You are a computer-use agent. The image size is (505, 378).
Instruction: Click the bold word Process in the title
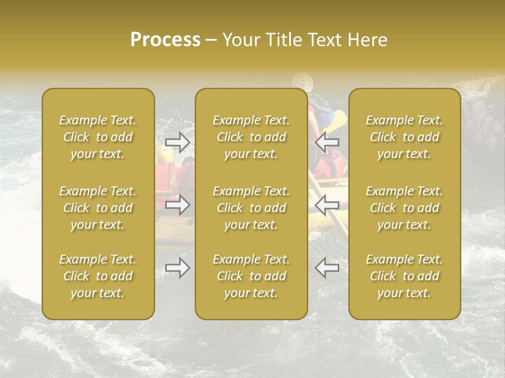click(165, 40)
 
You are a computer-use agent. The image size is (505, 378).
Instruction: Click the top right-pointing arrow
click(177, 142)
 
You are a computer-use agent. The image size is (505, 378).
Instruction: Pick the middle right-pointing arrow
click(177, 205)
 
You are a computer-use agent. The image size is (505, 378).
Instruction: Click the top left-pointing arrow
click(327, 142)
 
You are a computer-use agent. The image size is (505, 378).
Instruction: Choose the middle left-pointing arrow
click(327, 205)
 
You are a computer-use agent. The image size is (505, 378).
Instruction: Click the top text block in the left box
click(98, 137)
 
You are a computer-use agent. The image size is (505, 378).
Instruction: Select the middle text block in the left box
click(98, 208)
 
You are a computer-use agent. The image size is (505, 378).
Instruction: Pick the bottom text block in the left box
click(98, 276)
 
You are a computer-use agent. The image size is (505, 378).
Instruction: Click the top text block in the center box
click(251, 137)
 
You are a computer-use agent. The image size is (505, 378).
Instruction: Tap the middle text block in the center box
click(251, 208)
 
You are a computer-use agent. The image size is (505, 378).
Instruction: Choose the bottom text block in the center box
click(251, 276)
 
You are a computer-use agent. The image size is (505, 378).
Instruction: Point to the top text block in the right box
click(404, 137)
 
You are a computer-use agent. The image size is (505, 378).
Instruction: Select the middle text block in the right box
click(404, 208)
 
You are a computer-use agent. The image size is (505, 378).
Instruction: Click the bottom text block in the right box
click(404, 276)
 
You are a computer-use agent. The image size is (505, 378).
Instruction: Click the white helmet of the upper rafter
click(302, 80)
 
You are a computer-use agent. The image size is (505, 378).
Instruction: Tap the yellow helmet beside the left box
click(165, 154)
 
